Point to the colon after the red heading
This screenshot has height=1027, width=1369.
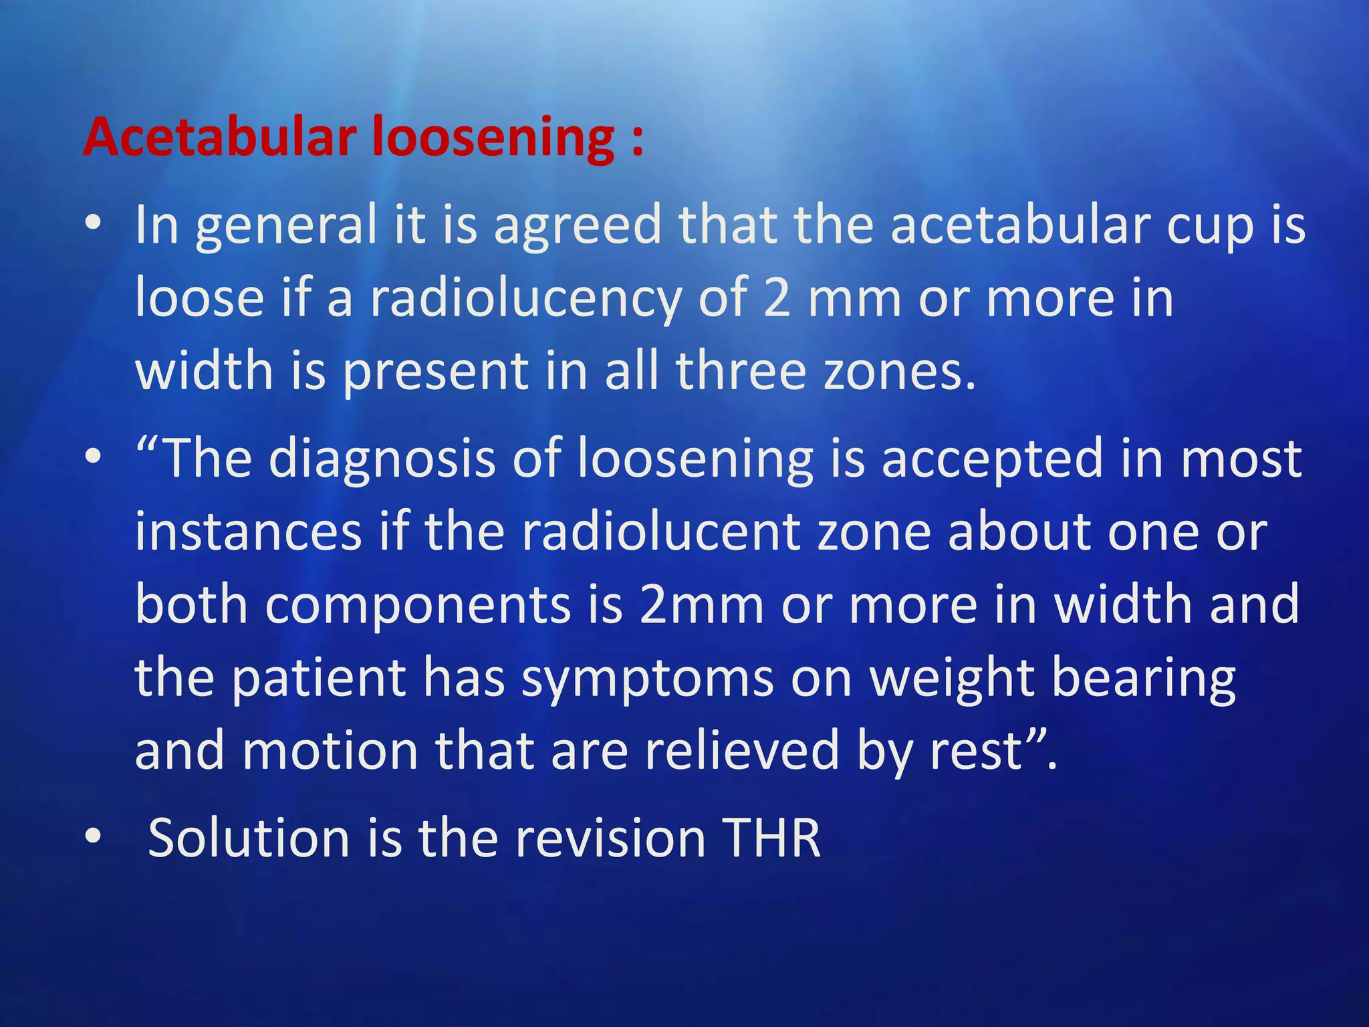click(x=636, y=140)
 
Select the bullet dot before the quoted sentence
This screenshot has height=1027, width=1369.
click(x=94, y=457)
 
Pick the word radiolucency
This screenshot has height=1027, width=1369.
click(x=525, y=299)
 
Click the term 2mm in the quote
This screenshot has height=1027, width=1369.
click(x=701, y=605)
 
